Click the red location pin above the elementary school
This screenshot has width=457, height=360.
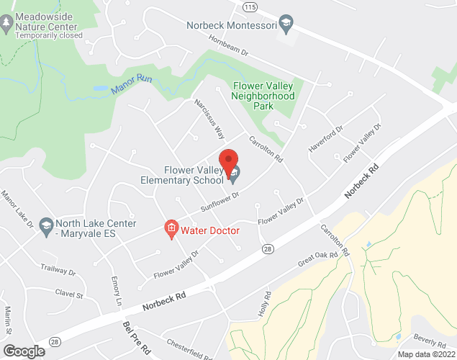pos(228,162)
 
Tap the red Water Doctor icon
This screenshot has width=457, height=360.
pos(171,230)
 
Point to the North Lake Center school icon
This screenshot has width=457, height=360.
pos(46,225)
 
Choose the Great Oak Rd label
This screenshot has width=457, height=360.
pos(317,258)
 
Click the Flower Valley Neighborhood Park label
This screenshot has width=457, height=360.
pos(263,96)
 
